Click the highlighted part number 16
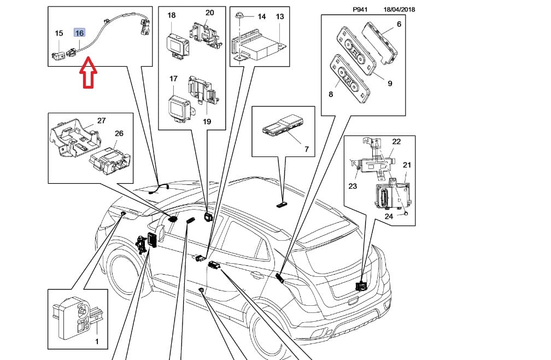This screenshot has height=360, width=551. click(x=79, y=33)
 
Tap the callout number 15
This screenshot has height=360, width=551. click(x=59, y=33)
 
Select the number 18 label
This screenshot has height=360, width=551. click(x=171, y=15)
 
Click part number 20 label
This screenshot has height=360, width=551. click(x=209, y=13)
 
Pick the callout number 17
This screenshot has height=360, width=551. click(x=173, y=79)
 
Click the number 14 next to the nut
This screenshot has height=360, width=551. click(x=261, y=16)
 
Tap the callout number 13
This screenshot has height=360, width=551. click(x=280, y=16)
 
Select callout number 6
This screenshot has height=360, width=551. click(x=398, y=24)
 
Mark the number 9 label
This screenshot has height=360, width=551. click(x=390, y=84)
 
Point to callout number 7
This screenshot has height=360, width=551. click(x=307, y=149)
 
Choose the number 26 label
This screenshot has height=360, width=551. click(x=119, y=133)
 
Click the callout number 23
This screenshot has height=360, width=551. click(x=353, y=187)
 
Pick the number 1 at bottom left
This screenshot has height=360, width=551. click(x=97, y=342)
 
